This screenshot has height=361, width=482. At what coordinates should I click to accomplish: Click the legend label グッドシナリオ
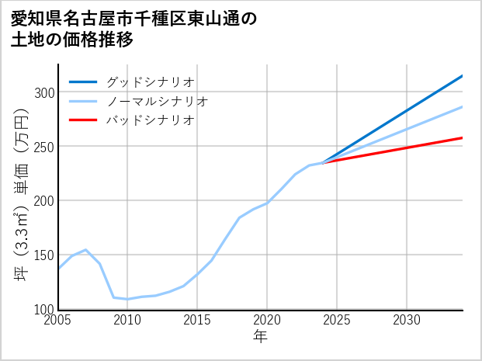(150, 82)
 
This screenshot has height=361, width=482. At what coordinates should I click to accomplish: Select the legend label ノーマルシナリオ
(157, 102)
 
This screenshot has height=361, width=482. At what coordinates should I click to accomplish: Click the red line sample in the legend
(83, 120)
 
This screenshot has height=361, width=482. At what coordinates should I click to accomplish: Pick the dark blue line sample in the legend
(83, 82)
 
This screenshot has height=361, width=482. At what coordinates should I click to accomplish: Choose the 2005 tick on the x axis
(58, 320)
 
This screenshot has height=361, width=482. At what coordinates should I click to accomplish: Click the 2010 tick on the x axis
(128, 320)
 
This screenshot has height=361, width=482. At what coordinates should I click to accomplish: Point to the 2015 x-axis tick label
(198, 320)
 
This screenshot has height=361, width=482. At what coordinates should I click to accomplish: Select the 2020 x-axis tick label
(267, 320)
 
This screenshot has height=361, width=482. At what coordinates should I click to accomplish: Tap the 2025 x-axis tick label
(337, 320)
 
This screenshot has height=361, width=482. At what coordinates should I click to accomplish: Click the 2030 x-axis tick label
(407, 320)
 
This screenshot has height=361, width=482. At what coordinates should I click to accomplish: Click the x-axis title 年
(261, 337)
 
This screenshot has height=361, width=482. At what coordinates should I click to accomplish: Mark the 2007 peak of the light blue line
(86, 250)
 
